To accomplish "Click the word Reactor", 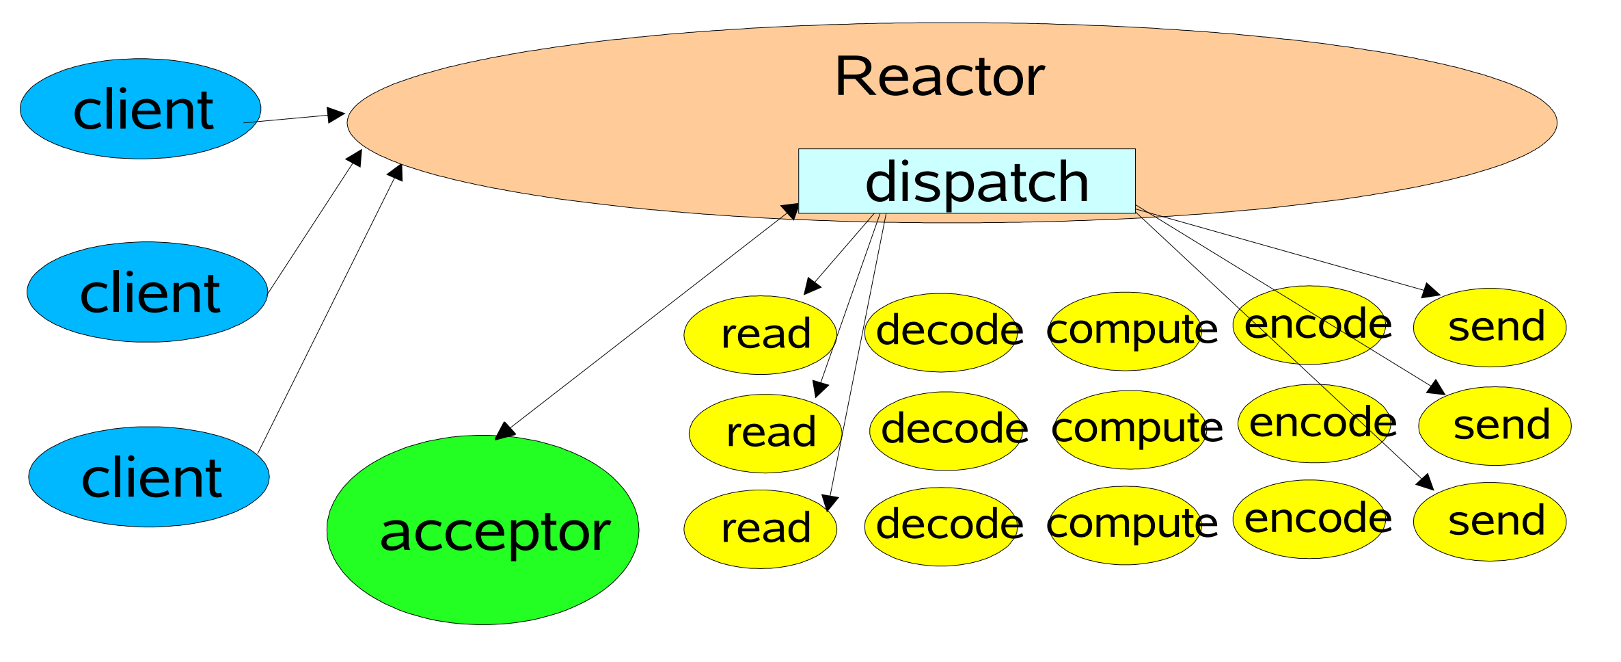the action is pyautogui.click(x=940, y=77).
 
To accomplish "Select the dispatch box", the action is pyautogui.click(x=967, y=181).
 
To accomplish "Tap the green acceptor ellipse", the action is pyautogui.click(x=483, y=530).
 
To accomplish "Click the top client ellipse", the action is pyautogui.click(x=141, y=109).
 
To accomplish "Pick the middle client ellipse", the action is pyautogui.click(x=148, y=292).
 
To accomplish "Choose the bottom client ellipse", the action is pyautogui.click(x=149, y=477).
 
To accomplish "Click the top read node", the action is pyautogui.click(x=761, y=335).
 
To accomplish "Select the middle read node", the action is pyautogui.click(x=765, y=434).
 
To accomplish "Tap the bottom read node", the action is pyautogui.click(x=761, y=529).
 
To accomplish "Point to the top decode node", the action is pyautogui.click(x=941, y=333).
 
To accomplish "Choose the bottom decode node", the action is pyautogui.click(x=941, y=527).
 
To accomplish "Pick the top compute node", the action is pyautogui.click(x=1125, y=332).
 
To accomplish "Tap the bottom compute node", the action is pyautogui.click(x=1125, y=525).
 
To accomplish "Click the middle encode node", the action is pyautogui.click(x=1314, y=424).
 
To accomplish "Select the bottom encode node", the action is pyautogui.click(x=1309, y=520).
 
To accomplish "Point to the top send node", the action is pyautogui.click(x=1490, y=328).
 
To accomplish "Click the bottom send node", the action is pyautogui.click(x=1490, y=522).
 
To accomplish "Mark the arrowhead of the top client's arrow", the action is pyautogui.click(x=337, y=115).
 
